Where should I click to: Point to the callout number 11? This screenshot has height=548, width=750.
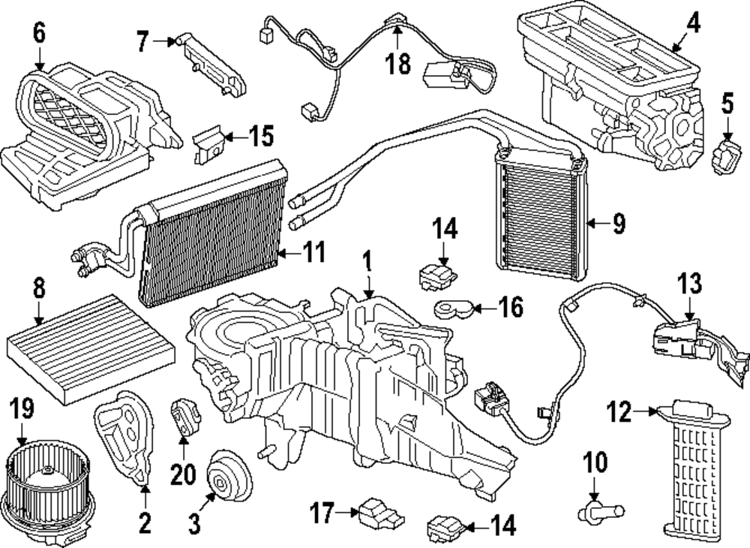[316, 252]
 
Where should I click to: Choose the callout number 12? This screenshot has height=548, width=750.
[620, 411]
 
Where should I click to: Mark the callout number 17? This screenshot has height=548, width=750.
[322, 513]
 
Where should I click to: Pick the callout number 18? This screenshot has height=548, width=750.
[399, 64]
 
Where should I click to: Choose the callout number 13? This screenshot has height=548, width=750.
[690, 285]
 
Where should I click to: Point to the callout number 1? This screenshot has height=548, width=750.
[367, 262]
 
